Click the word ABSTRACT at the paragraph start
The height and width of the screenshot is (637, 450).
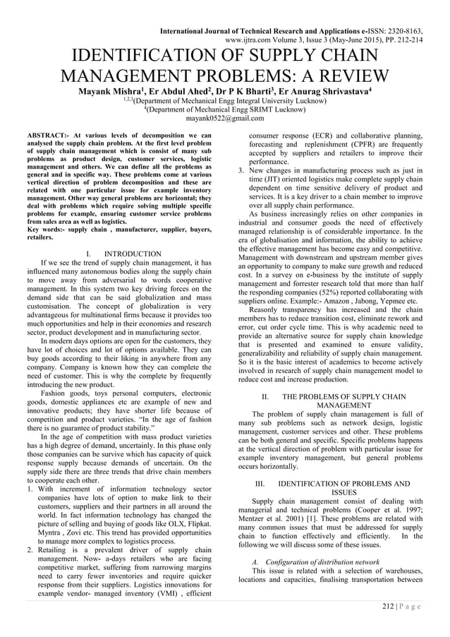47,134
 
